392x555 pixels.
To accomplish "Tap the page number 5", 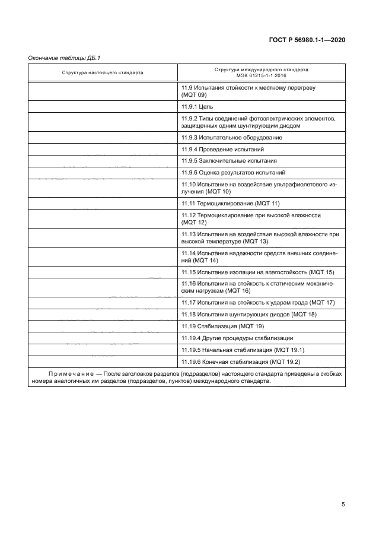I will (x=343, y=505).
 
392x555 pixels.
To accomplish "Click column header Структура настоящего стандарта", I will (x=102, y=73).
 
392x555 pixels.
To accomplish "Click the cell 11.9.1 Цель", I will (x=197, y=106).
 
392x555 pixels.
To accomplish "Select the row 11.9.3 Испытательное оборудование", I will (x=224, y=137).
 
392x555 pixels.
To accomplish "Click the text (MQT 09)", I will (x=194, y=95).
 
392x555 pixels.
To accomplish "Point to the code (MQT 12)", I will (x=194, y=222).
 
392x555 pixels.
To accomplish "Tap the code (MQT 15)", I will (x=323, y=272).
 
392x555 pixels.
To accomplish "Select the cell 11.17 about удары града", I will (x=258, y=303).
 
